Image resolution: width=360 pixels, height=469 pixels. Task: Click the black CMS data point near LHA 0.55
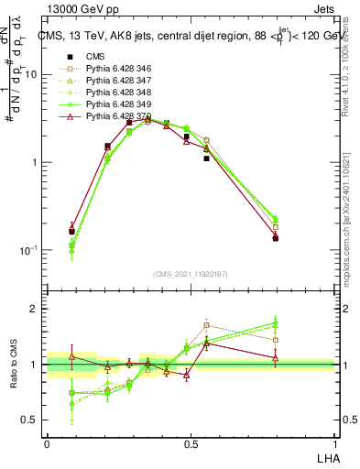(x=206, y=158)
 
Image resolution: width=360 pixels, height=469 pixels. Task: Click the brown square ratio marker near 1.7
(x=207, y=325)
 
